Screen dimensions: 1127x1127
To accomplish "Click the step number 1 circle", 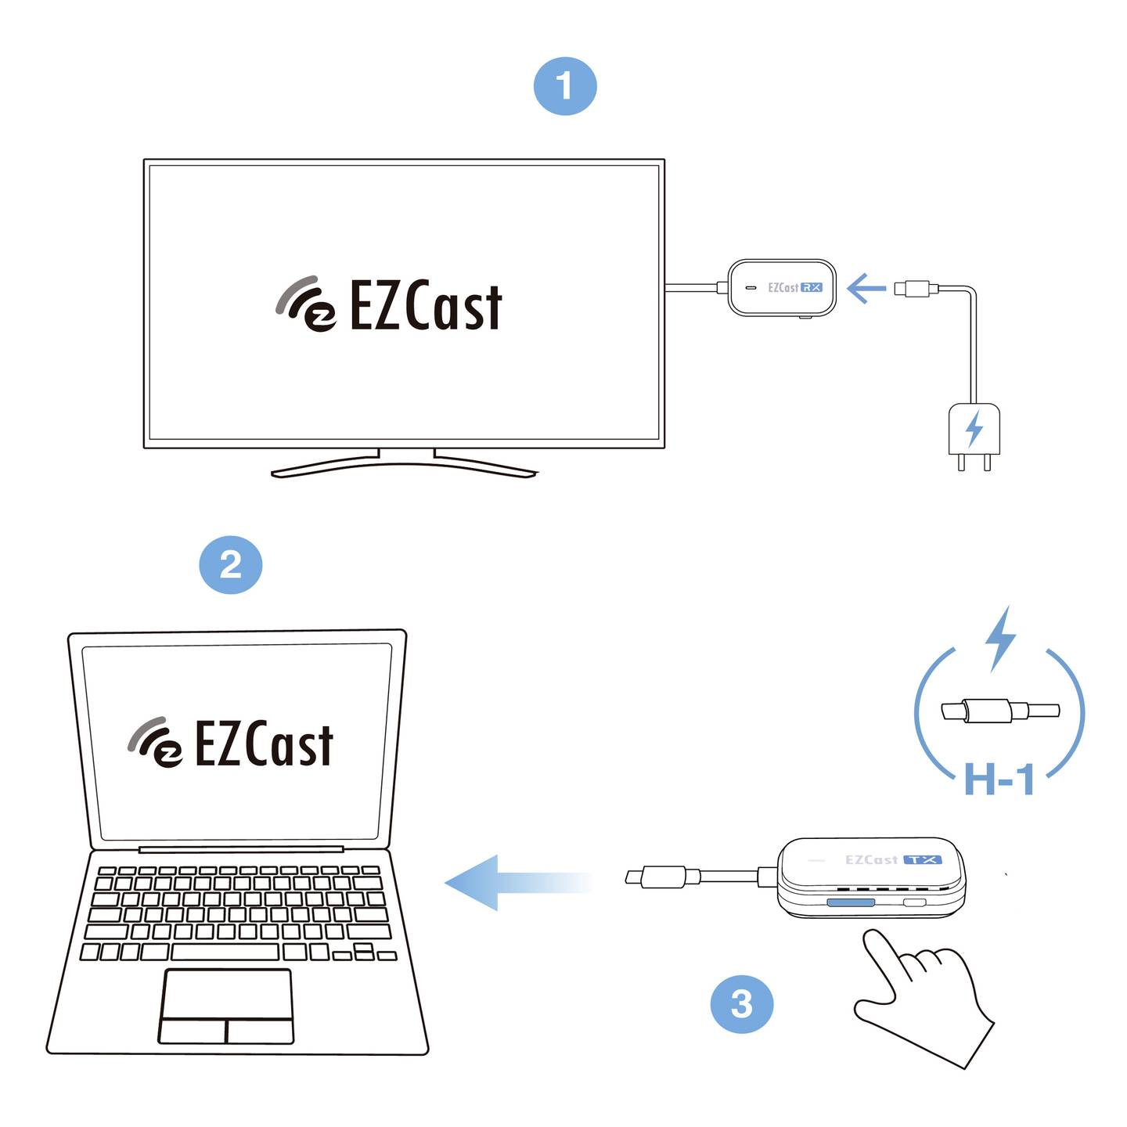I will pos(565,86).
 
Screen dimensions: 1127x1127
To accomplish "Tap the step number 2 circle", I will pos(231,564).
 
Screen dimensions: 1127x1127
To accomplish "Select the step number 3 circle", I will pos(741,1003).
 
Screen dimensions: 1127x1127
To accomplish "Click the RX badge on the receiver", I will pos(812,287).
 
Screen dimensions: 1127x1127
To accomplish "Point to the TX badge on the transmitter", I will pos(923,859).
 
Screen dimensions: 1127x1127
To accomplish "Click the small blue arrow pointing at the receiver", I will pos(866,288).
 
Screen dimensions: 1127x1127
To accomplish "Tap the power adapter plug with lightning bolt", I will pos(974,431).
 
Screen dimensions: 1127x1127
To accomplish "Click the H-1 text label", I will pos(999,780).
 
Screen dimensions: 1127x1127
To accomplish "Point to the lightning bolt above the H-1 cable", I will pos(999,638).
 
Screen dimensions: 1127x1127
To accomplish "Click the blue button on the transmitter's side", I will pos(851,902).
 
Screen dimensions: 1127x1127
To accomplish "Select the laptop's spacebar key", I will pos(225,952).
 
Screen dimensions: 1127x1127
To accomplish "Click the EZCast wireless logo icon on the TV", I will pos(305,304).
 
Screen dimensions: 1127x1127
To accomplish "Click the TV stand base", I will pos(404,467).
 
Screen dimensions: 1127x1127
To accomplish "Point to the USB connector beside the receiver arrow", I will pos(916,288).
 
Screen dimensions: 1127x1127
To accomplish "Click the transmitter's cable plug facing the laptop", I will pos(655,877).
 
